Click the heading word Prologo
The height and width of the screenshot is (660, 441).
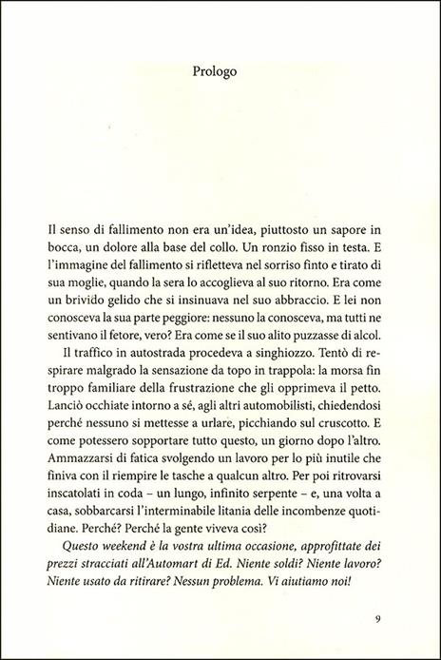220,70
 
